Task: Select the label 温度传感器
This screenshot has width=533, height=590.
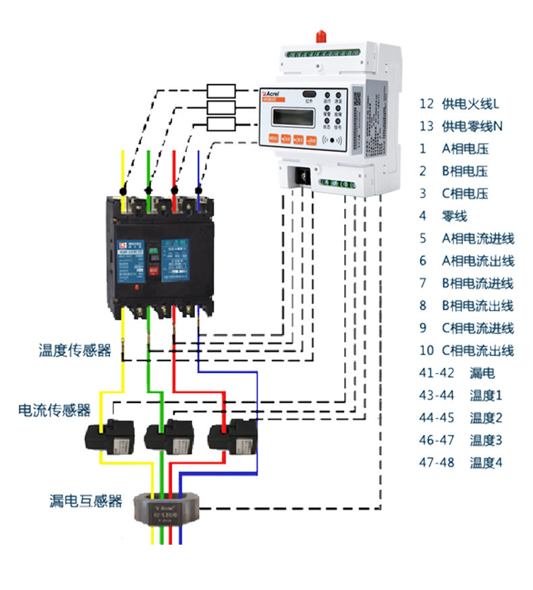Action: [x=75, y=350]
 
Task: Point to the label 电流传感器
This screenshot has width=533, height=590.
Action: [x=54, y=410]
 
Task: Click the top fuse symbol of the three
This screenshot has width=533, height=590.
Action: [x=221, y=91]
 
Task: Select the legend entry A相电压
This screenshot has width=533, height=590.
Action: [x=465, y=149]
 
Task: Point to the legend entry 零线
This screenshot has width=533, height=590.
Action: [x=455, y=216]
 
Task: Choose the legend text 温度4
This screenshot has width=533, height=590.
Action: [x=486, y=462]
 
